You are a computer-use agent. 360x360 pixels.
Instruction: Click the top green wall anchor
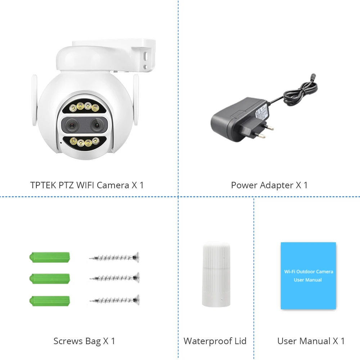(x=50, y=257)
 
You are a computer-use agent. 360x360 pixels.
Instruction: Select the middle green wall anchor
(x=50, y=279)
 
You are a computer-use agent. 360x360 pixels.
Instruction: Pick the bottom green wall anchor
(x=50, y=300)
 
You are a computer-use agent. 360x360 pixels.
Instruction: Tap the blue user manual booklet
(x=308, y=275)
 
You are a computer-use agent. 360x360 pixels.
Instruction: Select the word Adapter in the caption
(x=276, y=185)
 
